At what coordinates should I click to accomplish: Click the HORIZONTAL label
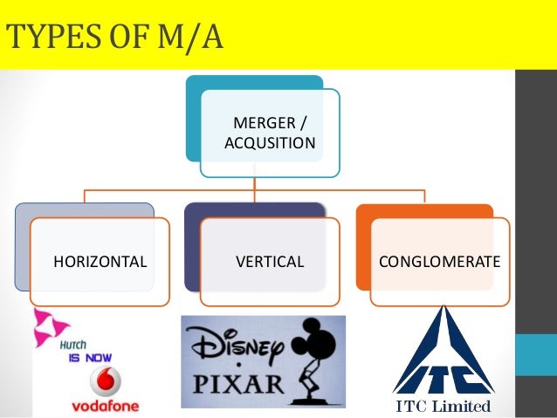point(100,261)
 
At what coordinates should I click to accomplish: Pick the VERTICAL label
point(270,261)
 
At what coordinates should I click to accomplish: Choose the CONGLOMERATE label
point(439,261)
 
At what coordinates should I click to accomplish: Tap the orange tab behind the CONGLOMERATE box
point(424,210)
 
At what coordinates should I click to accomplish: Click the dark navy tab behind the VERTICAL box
point(253,210)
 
